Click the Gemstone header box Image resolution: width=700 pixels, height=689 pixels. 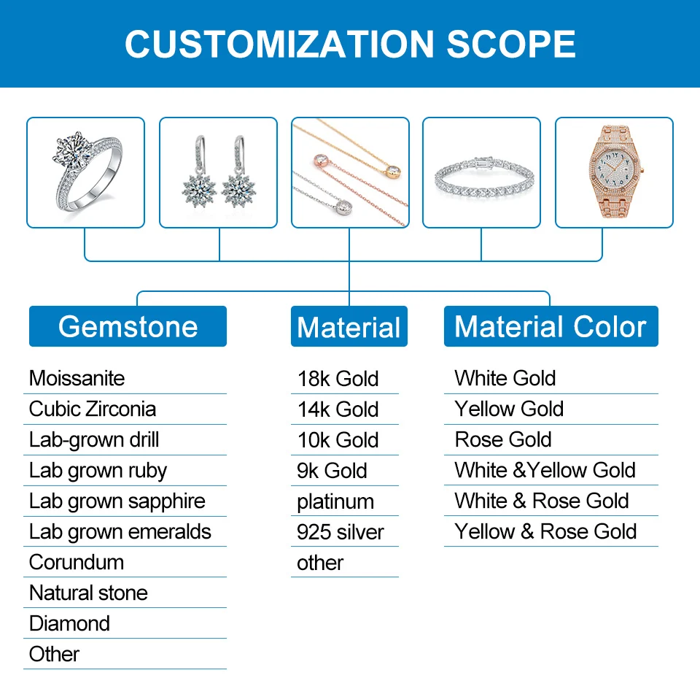(128, 326)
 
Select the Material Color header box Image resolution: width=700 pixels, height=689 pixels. (551, 326)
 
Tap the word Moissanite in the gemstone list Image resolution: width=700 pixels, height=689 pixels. (77, 378)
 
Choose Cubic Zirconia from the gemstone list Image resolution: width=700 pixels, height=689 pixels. (93, 409)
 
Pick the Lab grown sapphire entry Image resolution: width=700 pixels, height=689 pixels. (117, 501)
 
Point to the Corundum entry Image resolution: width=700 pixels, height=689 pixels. (77, 562)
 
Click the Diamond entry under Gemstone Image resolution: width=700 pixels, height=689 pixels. (69, 623)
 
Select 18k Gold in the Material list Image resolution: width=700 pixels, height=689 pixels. (338, 379)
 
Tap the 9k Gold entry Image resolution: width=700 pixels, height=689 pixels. (332, 471)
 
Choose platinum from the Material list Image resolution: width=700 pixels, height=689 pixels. (335, 501)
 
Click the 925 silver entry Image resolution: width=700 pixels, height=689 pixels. (340, 532)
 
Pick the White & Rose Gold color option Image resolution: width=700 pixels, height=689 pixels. (541, 501)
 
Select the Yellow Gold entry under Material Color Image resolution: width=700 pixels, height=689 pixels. (509, 409)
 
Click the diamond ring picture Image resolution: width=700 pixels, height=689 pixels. (85, 173)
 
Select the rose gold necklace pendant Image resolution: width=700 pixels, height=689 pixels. (320, 160)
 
